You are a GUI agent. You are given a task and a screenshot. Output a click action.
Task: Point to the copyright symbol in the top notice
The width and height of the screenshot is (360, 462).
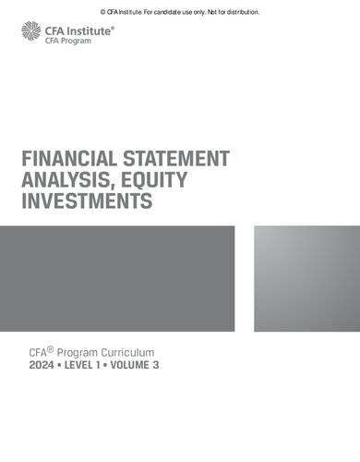tap(102, 12)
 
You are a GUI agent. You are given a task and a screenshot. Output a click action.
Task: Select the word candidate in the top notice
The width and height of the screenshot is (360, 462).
tap(158, 12)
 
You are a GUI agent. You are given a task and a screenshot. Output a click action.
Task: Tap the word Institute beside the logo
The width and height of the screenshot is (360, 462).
tap(90, 30)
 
